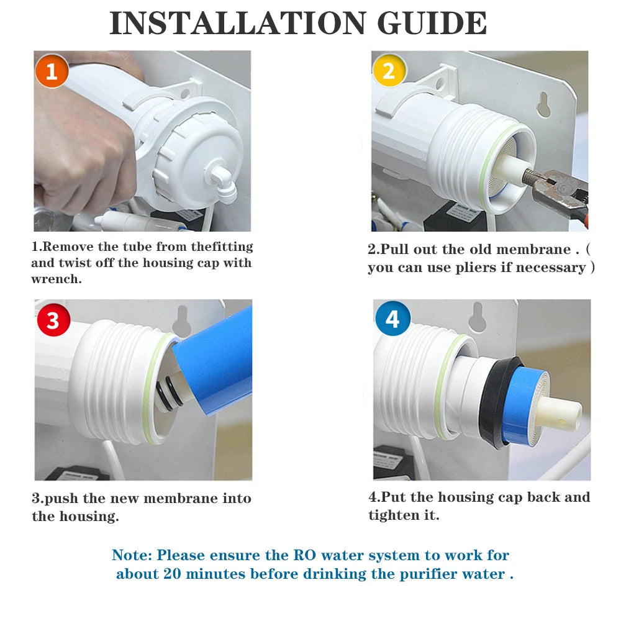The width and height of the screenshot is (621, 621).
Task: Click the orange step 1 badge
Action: [x=52, y=71]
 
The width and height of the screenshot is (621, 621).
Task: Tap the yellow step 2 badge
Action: [x=389, y=71]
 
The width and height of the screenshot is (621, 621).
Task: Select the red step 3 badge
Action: [x=53, y=320]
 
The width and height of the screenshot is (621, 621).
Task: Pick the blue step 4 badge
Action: [x=392, y=319]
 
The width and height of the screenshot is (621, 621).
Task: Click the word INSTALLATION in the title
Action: [x=237, y=24]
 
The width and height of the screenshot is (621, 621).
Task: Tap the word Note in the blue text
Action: [x=130, y=555]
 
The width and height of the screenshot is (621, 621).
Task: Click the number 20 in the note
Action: [x=173, y=574]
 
